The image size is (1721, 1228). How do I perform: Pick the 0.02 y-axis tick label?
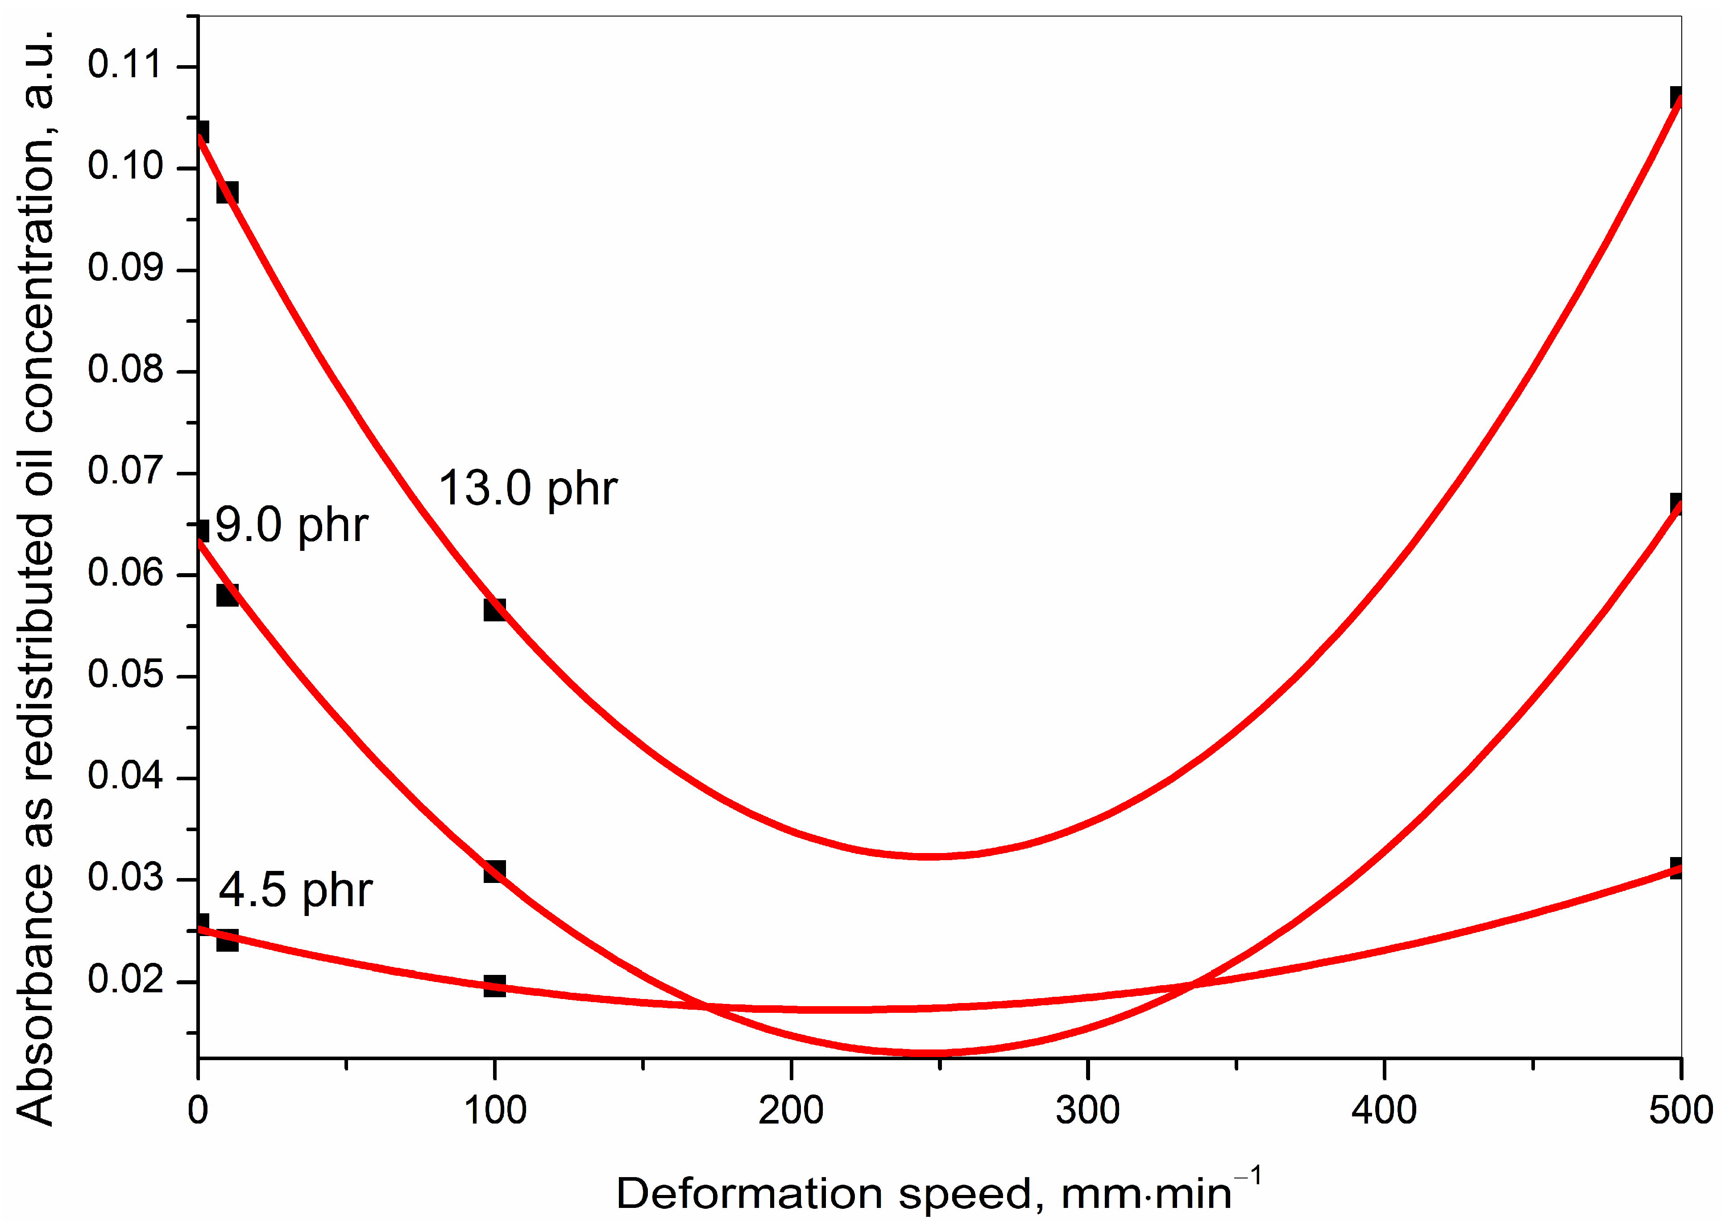coord(124,980)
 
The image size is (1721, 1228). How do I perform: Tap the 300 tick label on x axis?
coord(1087,1111)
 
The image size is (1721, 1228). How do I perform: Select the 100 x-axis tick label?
coord(494,1111)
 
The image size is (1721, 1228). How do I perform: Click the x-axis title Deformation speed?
coord(937,1194)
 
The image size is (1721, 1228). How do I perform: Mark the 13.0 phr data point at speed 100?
coord(494,609)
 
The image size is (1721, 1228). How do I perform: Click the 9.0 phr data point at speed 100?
coord(494,871)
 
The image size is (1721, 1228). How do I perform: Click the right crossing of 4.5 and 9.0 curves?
coord(1192,985)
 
